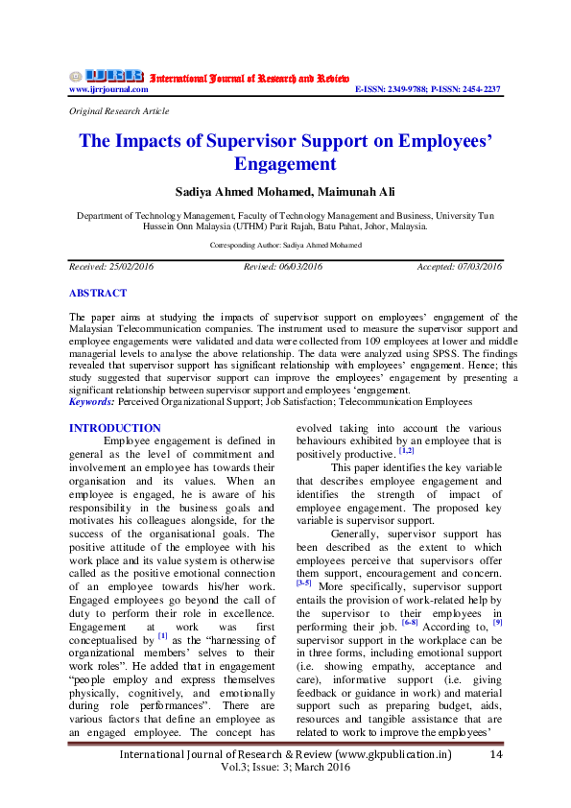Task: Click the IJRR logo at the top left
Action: (106, 76)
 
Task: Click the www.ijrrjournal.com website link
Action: (108, 89)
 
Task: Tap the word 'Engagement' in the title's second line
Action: (285, 164)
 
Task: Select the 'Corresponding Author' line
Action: (285, 246)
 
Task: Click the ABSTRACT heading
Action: (97, 293)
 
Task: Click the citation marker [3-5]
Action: (303, 582)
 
